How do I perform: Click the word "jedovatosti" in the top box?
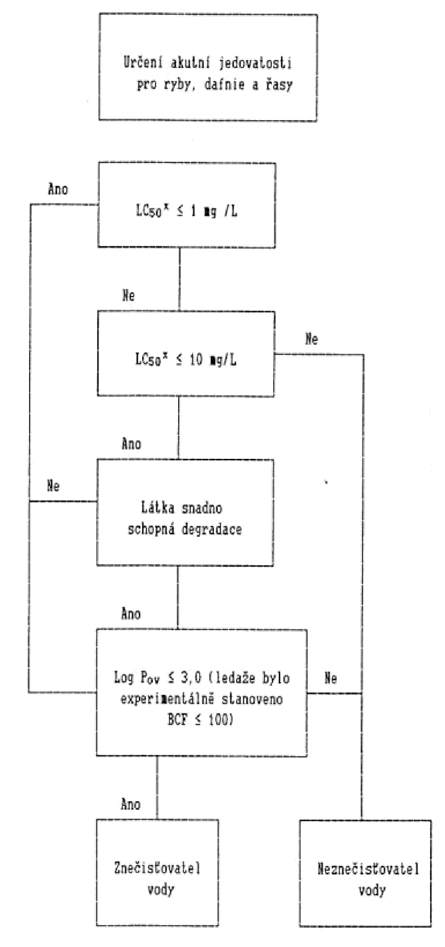[x=255, y=64]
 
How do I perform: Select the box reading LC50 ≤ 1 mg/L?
[x=187, y=205]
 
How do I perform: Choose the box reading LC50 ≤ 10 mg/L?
[x=186, y=353]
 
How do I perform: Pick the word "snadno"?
[x=202, y=508]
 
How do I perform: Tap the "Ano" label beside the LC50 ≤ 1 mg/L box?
[x=57, y=189]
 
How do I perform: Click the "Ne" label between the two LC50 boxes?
[x=129, y=295]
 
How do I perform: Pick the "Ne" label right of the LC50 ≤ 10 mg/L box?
[x=311, y=339]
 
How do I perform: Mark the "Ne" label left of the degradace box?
[x=53, y=486]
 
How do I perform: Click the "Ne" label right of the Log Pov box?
[x=331, y=678]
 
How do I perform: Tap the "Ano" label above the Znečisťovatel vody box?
[x=130, y=804]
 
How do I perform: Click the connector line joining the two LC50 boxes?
[x=179, y=279]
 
